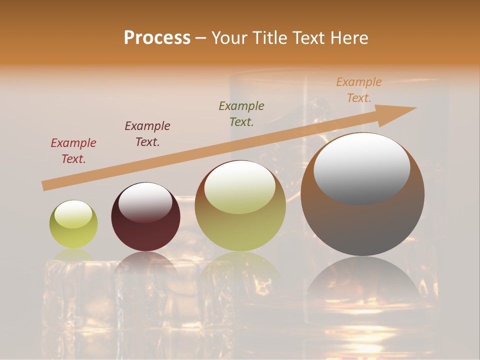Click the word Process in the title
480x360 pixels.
[x=157, y=38]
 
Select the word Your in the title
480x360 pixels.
[x=230, y=38]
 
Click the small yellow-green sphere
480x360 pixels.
[x=73, y=224]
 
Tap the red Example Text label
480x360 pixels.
[x=73, y=151]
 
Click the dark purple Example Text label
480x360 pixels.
[x=147, y=134]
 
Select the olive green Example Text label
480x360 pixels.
[x=241, y=113]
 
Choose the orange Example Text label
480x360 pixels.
[x=359, y=90]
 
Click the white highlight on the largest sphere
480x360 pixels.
[x=361, y=168]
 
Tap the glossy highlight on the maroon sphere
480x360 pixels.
[x=145, y=201]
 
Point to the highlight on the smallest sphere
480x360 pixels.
[x=73, y=214]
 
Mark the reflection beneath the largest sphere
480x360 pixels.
[x=362, y=280]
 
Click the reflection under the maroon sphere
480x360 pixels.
[x=145, y=262]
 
